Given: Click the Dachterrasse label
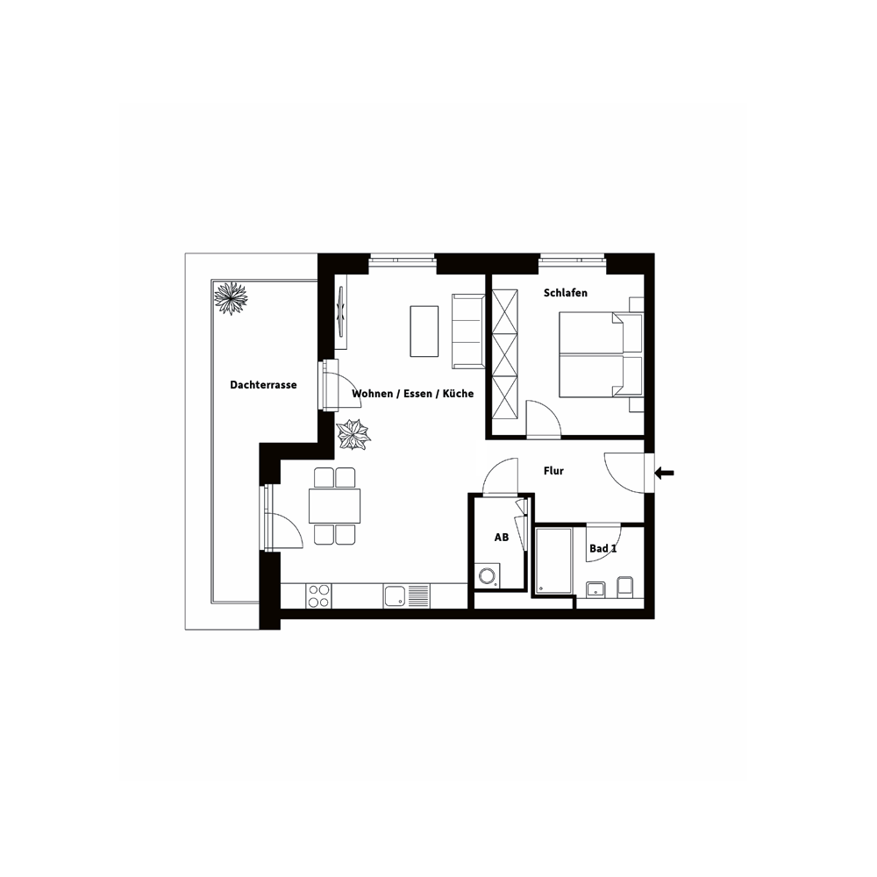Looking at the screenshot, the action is [263, 385].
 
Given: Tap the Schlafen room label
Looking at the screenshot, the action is [566, 293].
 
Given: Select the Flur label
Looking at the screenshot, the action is [553, 471].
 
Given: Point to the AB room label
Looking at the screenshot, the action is [502, 538].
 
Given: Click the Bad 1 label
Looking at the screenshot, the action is [603, 548].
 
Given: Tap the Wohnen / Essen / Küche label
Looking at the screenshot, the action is [413, 394].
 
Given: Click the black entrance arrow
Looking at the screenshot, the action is [665, 474].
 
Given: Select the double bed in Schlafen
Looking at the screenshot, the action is [602, 354].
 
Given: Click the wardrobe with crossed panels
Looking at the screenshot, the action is [505, 354].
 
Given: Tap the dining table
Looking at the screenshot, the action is [334, 506].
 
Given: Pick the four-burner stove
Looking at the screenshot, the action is [319, 595].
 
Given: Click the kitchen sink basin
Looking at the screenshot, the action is [395, 595].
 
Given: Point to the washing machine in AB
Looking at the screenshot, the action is [488, 576].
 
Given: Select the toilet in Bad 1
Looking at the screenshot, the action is [625, 587].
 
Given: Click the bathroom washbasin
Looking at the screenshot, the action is [595, 589].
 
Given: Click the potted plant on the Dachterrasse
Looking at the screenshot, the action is [231, 297].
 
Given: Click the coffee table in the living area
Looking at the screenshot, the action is [424, 331].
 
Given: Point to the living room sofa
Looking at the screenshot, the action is [468, 332].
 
